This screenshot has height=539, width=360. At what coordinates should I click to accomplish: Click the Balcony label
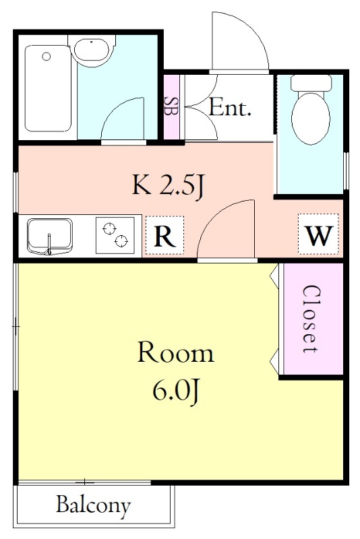[x=93, y=505]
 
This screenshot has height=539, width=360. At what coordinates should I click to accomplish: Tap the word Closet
[x=313, y=319]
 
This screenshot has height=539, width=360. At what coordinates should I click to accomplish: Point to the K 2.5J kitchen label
[x=169, y=187]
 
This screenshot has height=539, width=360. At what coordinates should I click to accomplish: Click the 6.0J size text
[x=176, y=391]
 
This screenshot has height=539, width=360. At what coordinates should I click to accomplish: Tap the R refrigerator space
[x=164, y=235]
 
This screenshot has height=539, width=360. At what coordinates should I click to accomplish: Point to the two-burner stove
[x=115, y=235]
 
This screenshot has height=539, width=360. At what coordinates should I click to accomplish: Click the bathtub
[x=48, y=88]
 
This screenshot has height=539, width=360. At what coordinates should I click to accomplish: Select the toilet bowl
[x=311, y=118]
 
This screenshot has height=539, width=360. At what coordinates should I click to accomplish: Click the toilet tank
[x=311, y=83]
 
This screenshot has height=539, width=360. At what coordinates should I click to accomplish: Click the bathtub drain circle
[x=47, y=57]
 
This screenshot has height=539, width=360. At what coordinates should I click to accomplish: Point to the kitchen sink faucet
[x=49, y=245]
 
